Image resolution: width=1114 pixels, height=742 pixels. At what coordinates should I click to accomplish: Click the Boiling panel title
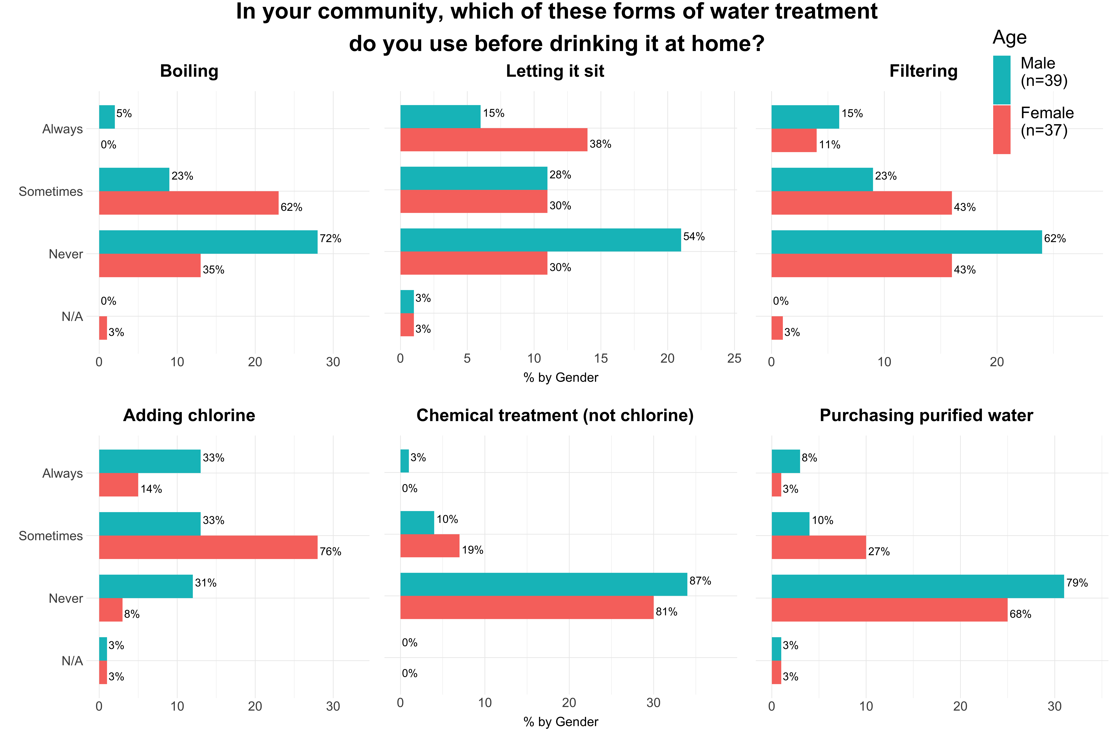(x=189, y=71)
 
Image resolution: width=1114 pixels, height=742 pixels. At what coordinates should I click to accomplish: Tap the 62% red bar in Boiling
(x=188, y=203)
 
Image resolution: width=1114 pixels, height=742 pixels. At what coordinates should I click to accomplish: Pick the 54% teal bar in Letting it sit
(x=540, y=240)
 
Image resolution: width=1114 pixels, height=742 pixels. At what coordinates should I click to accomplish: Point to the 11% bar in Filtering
(x=794, y=141)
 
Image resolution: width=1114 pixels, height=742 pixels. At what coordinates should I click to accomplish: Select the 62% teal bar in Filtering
(x=907, y=242)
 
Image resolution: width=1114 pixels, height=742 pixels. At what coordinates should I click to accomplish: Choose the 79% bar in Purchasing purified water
(x=917, y=586)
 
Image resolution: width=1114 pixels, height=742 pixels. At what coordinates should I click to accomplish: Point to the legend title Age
(x=1009, y=37)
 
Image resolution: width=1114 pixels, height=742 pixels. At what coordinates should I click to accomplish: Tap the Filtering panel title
(x=923, y=71)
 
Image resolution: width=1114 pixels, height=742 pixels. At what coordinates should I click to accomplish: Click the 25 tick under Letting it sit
(x=734, y=359)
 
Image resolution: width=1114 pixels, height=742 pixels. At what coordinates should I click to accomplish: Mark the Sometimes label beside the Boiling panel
(x=51, y=192)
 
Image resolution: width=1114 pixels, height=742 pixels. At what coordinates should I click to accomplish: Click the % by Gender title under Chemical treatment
(x=561, y=722)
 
